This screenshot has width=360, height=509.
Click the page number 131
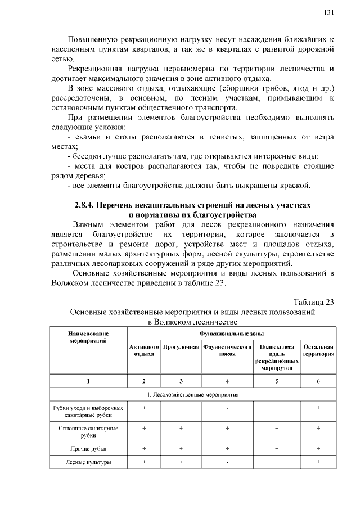coord(329,12)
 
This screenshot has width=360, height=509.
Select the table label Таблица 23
coord(314,301)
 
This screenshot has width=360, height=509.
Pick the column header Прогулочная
coord(181,347)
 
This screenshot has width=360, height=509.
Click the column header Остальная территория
coord(318,350)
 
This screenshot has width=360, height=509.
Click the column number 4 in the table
coord(227,381)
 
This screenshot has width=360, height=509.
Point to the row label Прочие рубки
coord(88,448)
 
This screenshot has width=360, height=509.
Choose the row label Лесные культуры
coord(88,462)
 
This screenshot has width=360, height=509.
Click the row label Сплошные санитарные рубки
coord(88,431)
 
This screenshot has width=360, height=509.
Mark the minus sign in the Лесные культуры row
coord(227,462)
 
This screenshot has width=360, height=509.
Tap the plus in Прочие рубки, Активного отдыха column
coord(145,448)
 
